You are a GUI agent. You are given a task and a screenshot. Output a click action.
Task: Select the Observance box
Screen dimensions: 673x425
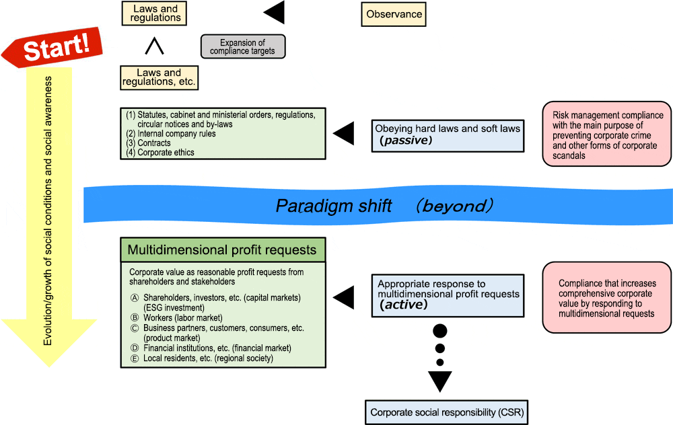coord(394,14)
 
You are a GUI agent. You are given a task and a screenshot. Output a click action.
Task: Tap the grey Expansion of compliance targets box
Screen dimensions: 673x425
coord(243,46)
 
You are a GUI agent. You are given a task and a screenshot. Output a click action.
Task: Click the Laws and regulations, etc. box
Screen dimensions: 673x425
coord(160,77)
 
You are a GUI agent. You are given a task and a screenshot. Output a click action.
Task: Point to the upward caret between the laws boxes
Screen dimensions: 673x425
coord(154,46)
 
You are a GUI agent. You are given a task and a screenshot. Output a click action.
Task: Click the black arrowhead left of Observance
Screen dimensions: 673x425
coord(274,12)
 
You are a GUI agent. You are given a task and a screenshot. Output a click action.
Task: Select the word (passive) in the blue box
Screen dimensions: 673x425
coord(406,141)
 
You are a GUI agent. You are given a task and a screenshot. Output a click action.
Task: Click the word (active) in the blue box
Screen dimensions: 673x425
coord(403,305)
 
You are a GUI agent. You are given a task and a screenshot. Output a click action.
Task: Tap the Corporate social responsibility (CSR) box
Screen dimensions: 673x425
coord(446,413)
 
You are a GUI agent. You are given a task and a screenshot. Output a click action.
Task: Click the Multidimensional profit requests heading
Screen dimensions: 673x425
coord(223,250)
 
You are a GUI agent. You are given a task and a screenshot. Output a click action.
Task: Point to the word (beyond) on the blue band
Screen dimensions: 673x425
coord(454,206)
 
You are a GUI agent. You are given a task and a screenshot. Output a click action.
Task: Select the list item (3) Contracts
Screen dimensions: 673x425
coord(148,143)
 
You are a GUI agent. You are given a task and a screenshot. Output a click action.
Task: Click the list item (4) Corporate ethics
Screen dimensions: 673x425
coord(160,152)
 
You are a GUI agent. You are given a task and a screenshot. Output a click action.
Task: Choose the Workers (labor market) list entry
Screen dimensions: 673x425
coord(176,318)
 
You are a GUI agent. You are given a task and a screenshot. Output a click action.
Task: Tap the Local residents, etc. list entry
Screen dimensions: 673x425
coord(202,358)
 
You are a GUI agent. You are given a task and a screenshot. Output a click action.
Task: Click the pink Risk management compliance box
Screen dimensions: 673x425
coord(607,134)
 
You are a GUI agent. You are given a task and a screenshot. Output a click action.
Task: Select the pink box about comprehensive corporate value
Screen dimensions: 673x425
coord(607,298)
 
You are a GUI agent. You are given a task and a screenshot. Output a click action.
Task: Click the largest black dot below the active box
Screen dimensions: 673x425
coord(440,331)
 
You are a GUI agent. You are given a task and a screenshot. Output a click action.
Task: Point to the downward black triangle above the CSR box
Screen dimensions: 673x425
coord(440,381)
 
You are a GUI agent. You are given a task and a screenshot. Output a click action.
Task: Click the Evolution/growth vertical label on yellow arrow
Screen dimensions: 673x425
coord(48,211)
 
